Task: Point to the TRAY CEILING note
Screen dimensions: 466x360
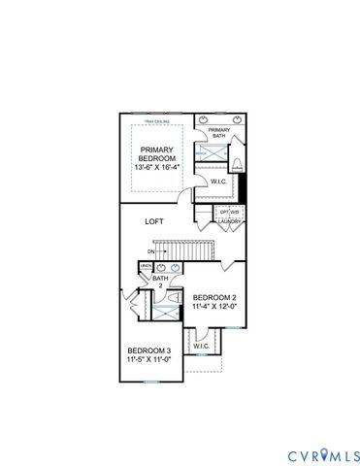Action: click(156, 121)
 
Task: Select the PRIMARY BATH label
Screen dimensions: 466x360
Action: click(218, 133)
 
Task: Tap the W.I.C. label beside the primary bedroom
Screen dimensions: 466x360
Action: click(218, 181)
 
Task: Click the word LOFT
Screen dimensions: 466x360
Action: click(154, 221)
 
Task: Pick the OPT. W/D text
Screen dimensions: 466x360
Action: click(229, 211)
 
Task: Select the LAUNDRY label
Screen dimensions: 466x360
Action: click(230, 222)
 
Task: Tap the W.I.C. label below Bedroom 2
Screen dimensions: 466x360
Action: click(202, 346)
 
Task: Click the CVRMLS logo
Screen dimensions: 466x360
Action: click(324, 455)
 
